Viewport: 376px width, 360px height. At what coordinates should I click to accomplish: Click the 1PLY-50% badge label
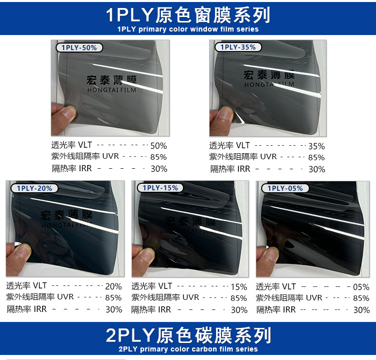79,48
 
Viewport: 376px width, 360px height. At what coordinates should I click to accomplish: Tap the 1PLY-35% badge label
238,47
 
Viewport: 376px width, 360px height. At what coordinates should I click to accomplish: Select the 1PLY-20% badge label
34,188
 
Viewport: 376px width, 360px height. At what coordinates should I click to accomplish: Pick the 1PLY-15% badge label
160,188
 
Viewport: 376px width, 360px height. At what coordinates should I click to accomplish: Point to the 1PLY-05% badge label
285,188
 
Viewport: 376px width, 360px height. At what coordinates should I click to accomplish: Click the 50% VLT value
158,146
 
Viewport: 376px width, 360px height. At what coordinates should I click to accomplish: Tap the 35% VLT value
316,146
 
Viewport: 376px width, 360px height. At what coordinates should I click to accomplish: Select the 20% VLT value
113,287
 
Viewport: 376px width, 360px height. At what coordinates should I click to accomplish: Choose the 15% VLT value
239,287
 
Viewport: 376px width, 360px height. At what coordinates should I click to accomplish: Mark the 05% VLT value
361,287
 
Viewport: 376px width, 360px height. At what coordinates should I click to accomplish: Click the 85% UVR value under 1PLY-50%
158,157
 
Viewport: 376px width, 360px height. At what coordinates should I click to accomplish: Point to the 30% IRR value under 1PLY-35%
316,169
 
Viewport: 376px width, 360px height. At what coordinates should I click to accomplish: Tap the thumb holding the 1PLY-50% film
65,113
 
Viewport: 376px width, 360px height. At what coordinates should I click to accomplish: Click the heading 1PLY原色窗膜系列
188,15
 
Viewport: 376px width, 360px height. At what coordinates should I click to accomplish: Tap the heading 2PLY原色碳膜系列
188,334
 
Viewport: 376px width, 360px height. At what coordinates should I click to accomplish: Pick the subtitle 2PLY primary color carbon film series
188,349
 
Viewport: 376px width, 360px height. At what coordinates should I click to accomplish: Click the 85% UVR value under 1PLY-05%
361,298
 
